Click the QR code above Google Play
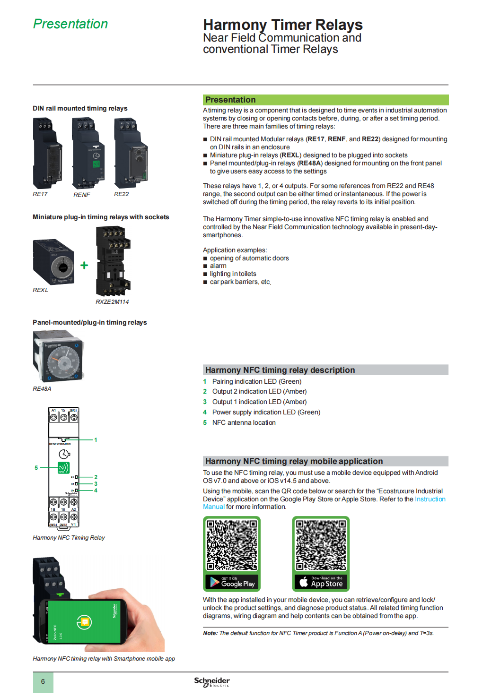[231, 545]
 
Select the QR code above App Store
[321, 545]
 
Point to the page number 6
[43, 681]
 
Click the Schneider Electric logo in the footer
[212, 682]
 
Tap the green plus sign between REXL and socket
[84, 265]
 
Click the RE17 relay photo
[47, 153]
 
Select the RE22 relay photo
[131, 153]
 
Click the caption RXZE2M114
[112, 301]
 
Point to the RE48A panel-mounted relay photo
[58, 356]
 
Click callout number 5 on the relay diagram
[36, 467]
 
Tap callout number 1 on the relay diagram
[96, 439]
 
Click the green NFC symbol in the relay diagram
[63, 468]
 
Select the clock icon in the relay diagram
[64, 454]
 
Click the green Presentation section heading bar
[325, 100]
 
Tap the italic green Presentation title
[70, 24]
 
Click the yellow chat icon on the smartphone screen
[85, 622]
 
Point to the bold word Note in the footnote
[210, 633]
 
